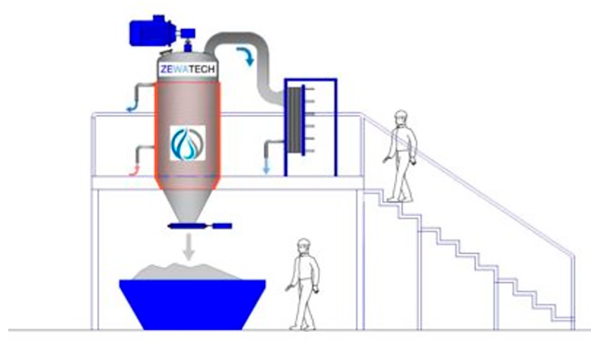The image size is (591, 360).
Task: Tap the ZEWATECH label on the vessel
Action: (x=187, y=69)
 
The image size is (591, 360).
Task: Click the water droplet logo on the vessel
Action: (x=187, y=143)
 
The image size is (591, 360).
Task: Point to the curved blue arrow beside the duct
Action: (x=246, y=56)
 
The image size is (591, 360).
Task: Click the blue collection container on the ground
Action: (x=193, y=304)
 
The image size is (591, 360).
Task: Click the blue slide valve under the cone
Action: (x=200, y=226)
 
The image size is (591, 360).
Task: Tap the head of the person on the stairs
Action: (x=401, y=118)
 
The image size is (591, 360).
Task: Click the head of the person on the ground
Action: (x=304, y=247)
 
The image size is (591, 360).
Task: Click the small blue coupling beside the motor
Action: (x=187, y=33)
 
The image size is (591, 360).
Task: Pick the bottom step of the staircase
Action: (x=564, y=319)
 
